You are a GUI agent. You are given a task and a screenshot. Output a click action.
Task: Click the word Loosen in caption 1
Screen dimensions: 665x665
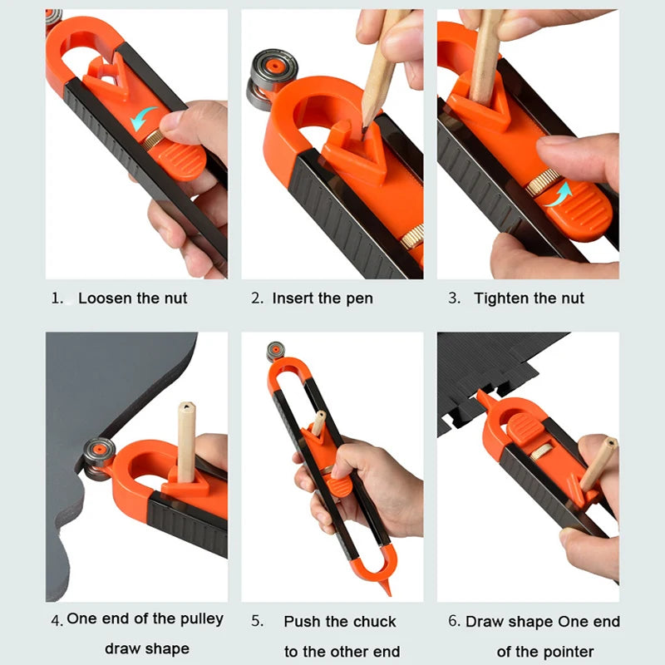point(104,298)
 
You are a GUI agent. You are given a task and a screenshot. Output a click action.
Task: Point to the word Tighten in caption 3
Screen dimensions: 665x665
point(502,298)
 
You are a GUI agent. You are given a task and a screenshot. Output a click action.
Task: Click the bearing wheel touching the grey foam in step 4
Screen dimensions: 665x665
point(98,456)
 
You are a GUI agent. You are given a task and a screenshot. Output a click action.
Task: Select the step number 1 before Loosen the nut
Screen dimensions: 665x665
point(57,298)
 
